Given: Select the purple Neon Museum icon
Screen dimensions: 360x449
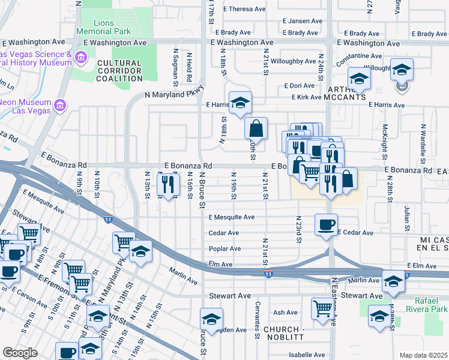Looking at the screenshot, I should click(x=59, y=106).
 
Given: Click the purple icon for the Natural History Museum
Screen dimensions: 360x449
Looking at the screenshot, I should click(x=82, y=58).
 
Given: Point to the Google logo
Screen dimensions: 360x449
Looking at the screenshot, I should click(x=20, y=353).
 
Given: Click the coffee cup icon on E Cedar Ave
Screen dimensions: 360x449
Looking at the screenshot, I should click(x=326, y=224).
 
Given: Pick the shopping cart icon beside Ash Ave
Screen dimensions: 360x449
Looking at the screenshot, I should click(x=322, y=308).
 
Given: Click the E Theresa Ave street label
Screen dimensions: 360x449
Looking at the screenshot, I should click(x=244, y=9).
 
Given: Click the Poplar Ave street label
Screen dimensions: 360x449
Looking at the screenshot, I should click(x=224, y=249).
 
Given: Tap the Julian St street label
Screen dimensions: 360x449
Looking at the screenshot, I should click(x=407, y=218).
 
